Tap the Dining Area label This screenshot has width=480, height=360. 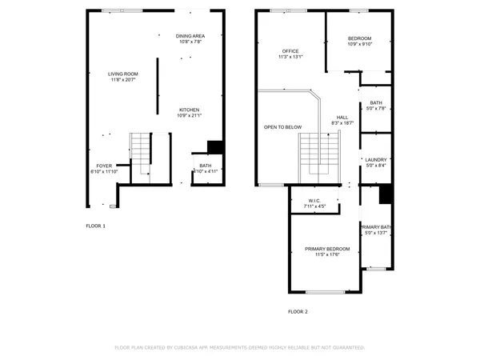[190, 36]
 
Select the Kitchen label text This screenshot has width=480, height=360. [189, 110]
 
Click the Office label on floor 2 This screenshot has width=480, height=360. [290, 51]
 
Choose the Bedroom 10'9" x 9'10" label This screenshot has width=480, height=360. [359, 38]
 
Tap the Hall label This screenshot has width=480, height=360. [342, 117]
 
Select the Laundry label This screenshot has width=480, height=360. [375, 160]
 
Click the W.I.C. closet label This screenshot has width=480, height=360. [314, 200]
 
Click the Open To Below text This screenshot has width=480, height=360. [282, 127]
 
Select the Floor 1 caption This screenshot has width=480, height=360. [95, 226]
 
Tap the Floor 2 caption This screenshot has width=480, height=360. [298, 311]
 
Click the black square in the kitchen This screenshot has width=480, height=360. [214, 147]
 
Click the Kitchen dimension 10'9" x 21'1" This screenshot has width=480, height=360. [189, 116]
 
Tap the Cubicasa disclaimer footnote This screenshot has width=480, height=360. [240, 348]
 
